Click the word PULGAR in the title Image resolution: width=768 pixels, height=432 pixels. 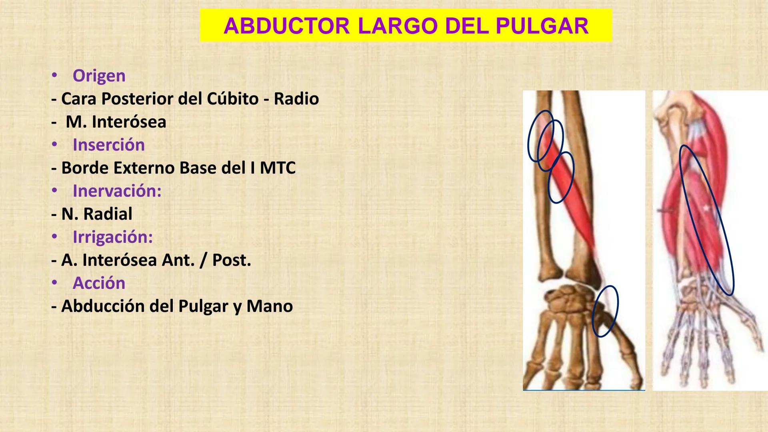coord(542,26)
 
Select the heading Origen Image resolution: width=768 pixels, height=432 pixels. coord(99,76)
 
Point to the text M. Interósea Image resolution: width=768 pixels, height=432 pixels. coord(116,122)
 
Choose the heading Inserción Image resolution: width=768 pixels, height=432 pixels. coord(108,145)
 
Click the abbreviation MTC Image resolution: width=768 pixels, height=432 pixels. coord(278,168)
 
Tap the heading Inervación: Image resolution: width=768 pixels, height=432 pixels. coord(117,191)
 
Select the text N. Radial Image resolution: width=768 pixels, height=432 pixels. coord(96,214)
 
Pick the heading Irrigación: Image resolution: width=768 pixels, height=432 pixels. coord(112,237)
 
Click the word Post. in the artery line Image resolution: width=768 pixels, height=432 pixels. coord(232,260)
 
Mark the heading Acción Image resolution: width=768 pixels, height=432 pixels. coord(99,283)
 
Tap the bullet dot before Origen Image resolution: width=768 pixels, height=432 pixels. coord(54,75)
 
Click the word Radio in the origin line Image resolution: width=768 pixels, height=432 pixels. coord(296,99)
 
